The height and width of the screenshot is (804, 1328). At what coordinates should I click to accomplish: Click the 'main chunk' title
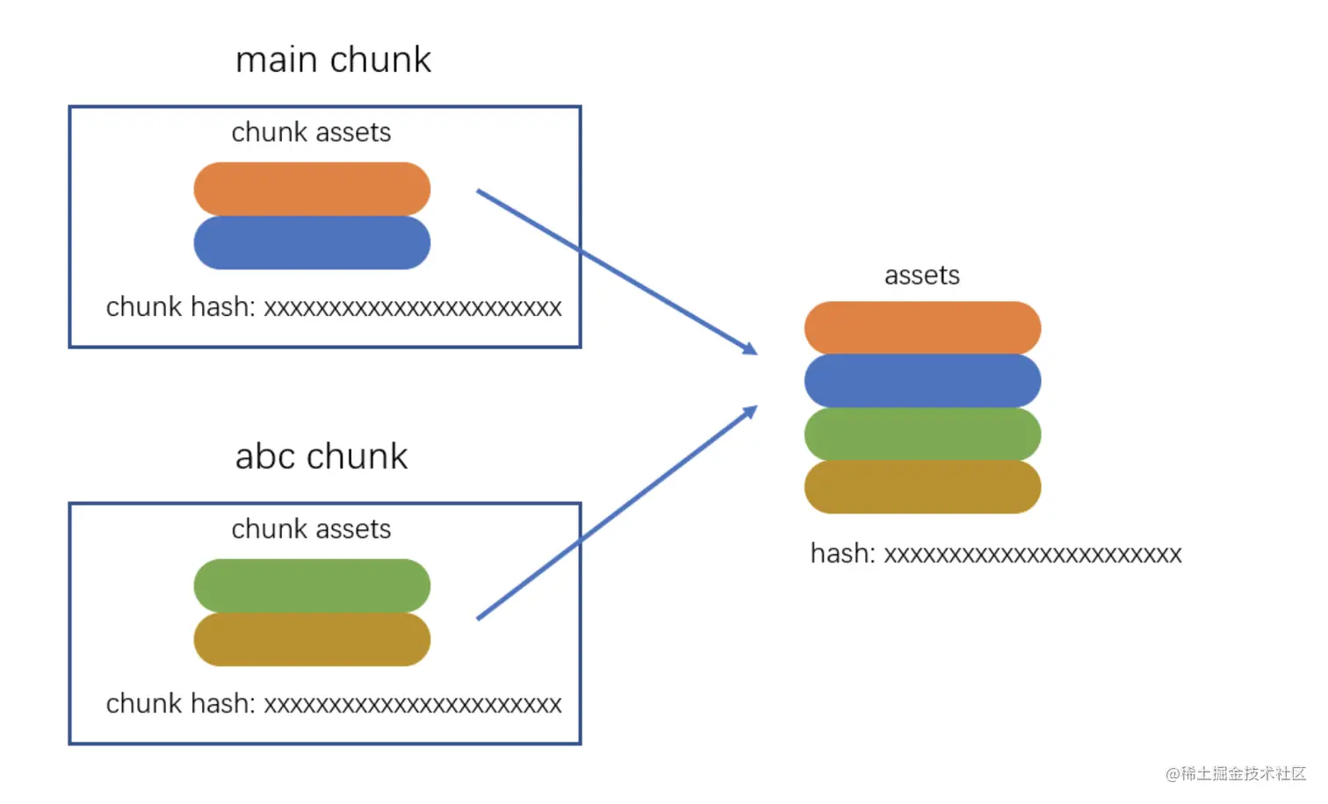pos(333,60)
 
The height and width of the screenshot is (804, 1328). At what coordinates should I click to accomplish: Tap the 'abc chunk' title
pos(321,456)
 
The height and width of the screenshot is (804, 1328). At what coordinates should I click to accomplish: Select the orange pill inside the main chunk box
pos(312,189)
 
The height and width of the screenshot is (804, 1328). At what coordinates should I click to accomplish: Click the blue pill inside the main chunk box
pos(312,243)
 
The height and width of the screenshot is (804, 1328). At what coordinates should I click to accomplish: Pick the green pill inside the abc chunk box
pos(312,585)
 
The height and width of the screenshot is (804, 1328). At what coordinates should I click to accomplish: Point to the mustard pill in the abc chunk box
pos(312,640)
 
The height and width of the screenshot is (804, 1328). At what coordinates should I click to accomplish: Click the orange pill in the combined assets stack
pos(922,327)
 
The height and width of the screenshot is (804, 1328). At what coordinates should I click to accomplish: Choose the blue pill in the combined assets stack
pos(922,381)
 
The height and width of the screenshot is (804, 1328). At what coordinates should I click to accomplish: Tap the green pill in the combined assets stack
pos(922,434)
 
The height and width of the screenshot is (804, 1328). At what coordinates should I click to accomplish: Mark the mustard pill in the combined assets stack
pos(922,487)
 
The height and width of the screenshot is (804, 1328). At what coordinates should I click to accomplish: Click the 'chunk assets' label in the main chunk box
pos(311,133)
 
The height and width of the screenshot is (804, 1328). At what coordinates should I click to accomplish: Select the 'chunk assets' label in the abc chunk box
pos(311,529)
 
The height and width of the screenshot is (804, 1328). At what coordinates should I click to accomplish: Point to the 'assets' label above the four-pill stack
pos(921,276)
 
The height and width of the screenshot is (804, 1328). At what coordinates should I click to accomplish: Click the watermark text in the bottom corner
pos(1236,773)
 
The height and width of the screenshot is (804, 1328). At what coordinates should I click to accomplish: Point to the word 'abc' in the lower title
pos(266,456)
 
